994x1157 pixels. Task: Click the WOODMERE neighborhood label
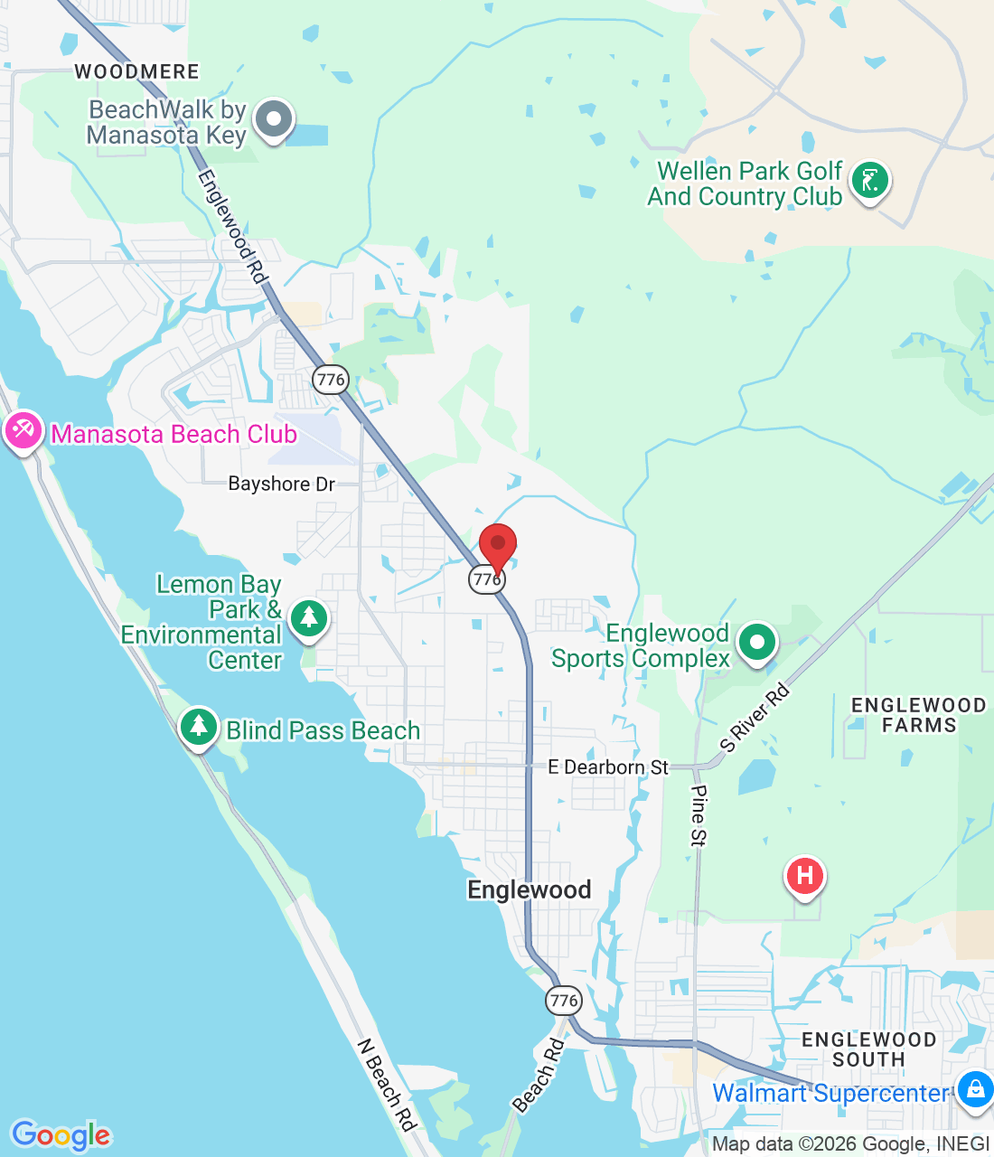(x=136, y=71)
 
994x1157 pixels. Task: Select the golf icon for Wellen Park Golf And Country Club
(x=869, y=180)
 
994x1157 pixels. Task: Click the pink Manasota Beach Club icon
(x=22, y=431)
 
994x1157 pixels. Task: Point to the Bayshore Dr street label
(x=281, y=484)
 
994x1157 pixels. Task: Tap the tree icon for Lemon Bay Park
(x=309, y=618)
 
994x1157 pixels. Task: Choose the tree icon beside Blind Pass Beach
(x=199, y=727)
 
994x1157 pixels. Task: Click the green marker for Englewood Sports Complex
(x=756, y=643)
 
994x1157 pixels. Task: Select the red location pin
(x=497, y=545)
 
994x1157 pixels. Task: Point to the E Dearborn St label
(x=608, y=767)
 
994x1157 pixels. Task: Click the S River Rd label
(x=755, y=719)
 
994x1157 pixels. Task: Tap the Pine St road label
(x=699, y=815)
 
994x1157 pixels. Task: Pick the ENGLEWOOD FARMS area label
(x=918, y=715)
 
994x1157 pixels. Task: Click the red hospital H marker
(x=804, y=876)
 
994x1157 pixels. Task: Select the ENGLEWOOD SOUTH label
(x=868, y=1049)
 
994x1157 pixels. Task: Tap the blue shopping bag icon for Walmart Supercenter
(x=975, y=1088)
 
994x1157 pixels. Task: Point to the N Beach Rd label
(x=386, y=1085)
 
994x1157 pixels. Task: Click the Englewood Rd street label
(x=232, y=227)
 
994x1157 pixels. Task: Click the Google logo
(x=61, y=1135)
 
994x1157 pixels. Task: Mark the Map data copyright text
(x=850, y=1144)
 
